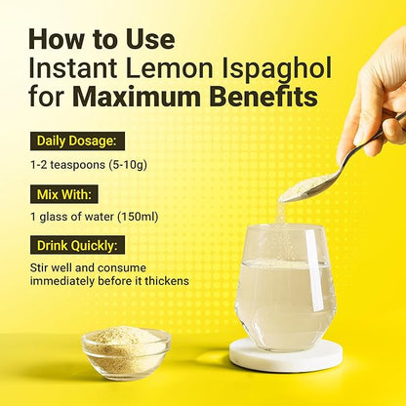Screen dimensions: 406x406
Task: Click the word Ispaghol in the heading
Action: pos(276,69)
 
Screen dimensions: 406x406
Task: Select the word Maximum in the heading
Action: pos(136,97)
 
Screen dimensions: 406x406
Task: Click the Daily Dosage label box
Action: pos(77,141)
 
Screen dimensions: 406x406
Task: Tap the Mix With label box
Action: pos(64,194)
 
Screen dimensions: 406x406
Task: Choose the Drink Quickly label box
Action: pos(77,245)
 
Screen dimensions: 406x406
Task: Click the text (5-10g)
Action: pos(128,165)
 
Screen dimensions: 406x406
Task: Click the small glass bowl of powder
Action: pos(126,352)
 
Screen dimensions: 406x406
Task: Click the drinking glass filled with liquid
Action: pos(285,289)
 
